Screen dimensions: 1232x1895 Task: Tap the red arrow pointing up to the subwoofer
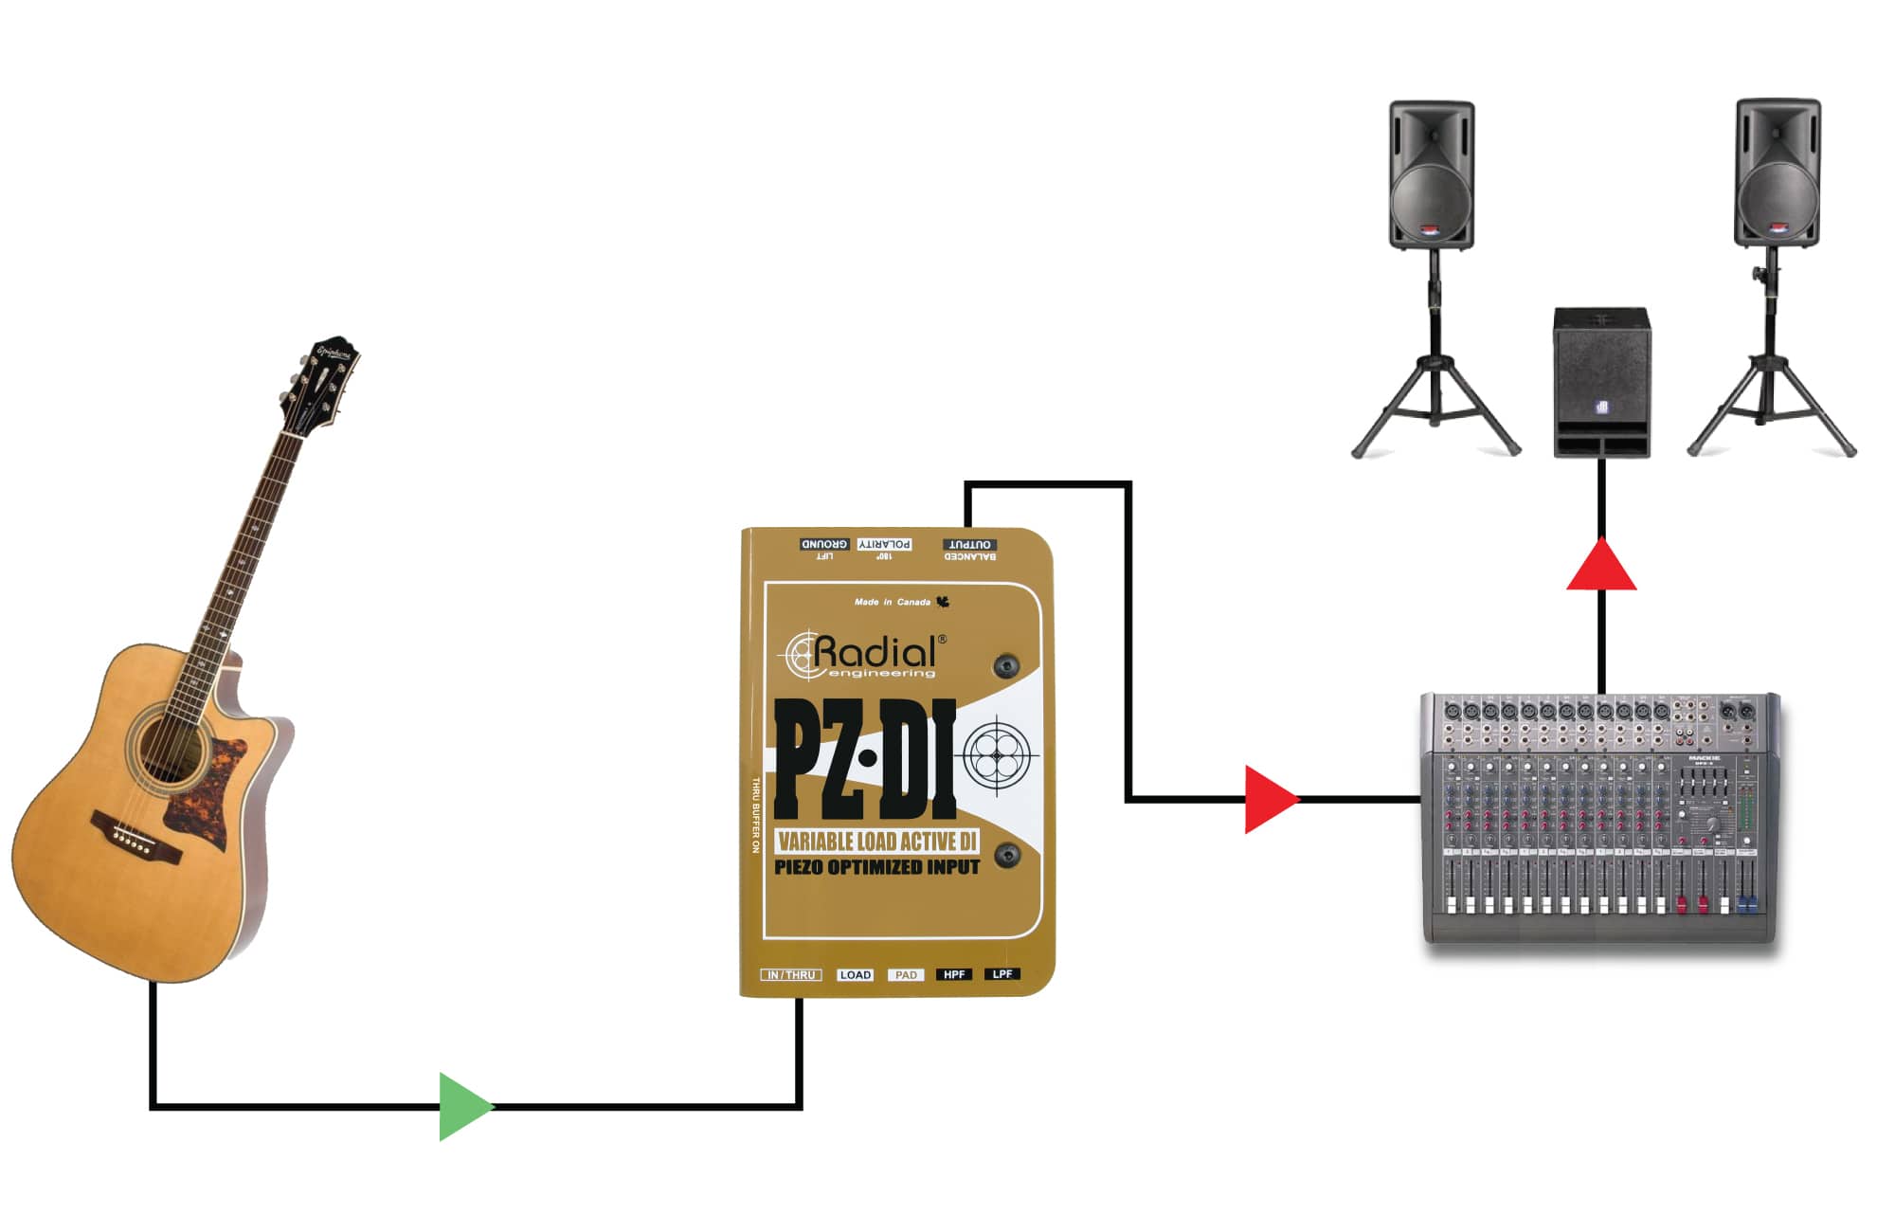[x=1601, y=567]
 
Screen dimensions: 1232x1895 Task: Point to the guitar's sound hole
[x=171, y=744]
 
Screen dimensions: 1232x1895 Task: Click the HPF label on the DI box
[x=953, y=974]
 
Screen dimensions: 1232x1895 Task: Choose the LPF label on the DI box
[x=1002, y=974]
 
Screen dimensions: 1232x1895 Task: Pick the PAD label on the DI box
[x=906, y=974]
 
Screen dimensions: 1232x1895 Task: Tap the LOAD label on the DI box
[x=855, y=974]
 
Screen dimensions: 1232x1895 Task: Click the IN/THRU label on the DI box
[x=791, y=974]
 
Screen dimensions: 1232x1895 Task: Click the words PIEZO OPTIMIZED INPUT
[x=876, y=867]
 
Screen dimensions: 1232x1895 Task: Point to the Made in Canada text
[x=893, y=602]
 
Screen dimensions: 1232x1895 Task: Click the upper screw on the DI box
[x=1006, y=665]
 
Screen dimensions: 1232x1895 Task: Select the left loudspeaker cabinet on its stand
[x=1431, y=175]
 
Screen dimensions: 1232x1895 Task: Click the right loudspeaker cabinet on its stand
[x=1777, y=173]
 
